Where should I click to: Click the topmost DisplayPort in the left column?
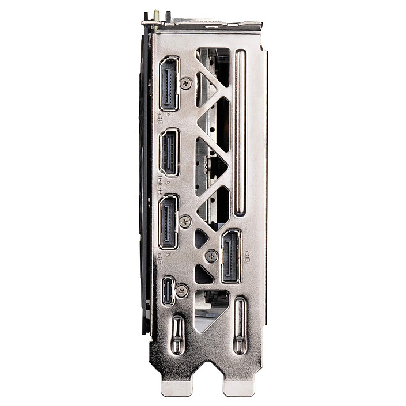point(169,84)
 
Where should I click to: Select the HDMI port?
point(169,152)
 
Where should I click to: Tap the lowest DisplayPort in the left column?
point(169,222)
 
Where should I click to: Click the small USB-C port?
point(168,291)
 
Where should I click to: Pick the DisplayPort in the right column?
point(231,256)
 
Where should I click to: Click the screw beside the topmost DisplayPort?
point(185,84)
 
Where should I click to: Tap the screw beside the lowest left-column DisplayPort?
point(185,221)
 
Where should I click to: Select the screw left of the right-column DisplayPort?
point(211,256)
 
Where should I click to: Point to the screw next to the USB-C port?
point(182,291)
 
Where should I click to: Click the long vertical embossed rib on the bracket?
point(240,132)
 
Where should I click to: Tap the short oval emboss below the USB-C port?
point(177,335)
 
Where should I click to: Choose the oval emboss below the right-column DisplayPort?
point(240,325)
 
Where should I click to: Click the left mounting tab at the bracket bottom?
point(176,387)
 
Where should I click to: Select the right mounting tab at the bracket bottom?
point(238,387)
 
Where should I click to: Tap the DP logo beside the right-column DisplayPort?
point(247,257)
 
